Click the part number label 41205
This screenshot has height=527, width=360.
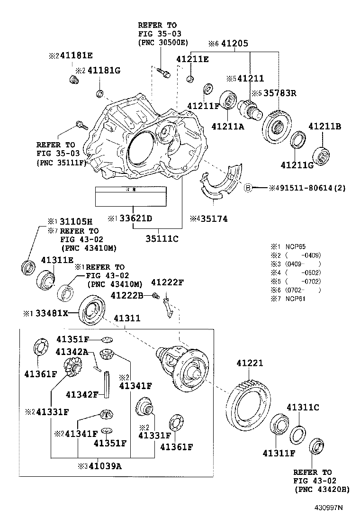[235, 44]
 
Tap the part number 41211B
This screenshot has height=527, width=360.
[325, 127]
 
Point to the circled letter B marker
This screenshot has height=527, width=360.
[247, 188]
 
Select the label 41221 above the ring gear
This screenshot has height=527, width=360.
[250, 363]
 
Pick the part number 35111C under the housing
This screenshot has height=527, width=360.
[162, 238]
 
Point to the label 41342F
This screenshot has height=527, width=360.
[82, 394]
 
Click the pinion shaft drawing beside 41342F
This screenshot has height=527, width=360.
[107, 383]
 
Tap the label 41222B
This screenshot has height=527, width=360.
[127, 295]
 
